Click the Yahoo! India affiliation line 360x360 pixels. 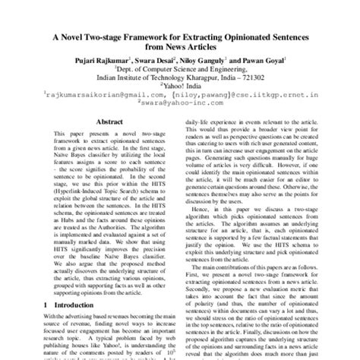(180, 85)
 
